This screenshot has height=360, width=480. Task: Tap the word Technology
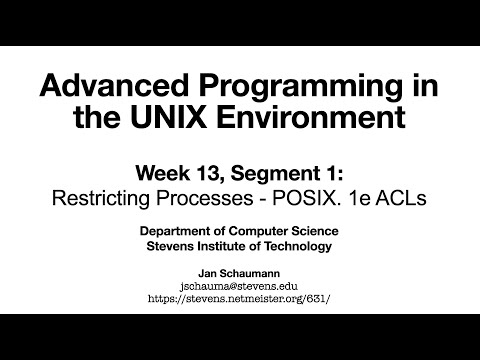299,247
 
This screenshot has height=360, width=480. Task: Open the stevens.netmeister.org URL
240,297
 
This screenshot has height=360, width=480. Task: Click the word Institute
226,247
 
